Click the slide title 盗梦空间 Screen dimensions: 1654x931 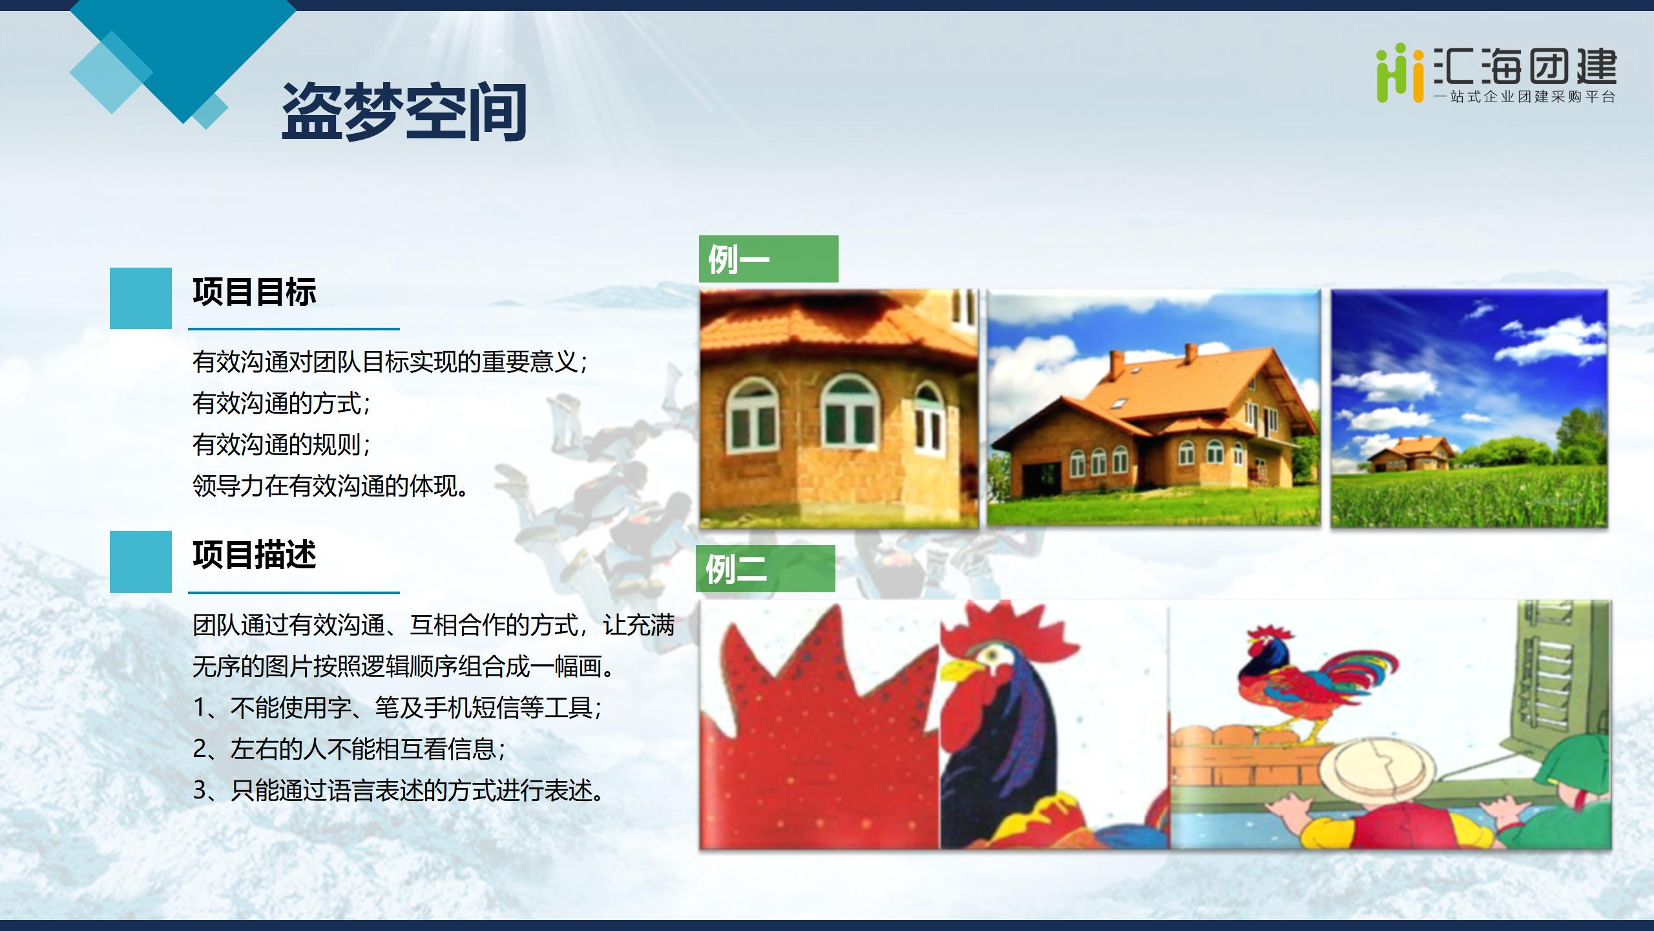404,112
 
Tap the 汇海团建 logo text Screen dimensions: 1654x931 1525,67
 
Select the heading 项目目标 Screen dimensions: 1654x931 255,292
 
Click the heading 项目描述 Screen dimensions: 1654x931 255,555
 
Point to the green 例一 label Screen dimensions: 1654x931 768,259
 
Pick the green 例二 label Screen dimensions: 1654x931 765,568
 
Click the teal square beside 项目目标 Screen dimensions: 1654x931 141,298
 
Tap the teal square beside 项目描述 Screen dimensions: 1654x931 141,562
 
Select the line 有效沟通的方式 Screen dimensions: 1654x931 282,403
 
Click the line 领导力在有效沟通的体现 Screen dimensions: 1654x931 331,486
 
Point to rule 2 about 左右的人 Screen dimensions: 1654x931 350,749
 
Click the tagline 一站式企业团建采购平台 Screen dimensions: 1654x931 1525,98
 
